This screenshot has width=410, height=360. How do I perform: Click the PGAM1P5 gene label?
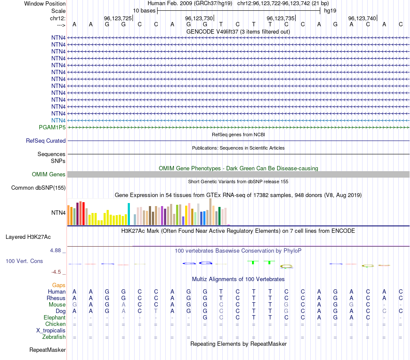click(52, 127)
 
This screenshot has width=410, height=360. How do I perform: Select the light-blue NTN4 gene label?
click(58, 120)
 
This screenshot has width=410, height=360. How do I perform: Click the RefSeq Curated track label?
click(46, 141)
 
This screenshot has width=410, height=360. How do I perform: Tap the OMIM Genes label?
click(49, 174)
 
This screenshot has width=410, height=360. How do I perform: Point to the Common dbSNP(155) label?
click(38, 188)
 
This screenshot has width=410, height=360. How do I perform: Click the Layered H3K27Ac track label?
click(28, 237)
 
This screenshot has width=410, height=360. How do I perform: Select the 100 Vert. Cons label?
click(24, 261)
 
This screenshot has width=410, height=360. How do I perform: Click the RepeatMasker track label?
click(47, 350)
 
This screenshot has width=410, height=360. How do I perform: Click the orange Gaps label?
click(59, 285)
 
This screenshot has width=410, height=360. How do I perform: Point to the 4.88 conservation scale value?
click(57, 250)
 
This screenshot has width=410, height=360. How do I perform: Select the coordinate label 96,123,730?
click(199, 18)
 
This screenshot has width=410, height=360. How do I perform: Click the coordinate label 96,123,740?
click(362, 18)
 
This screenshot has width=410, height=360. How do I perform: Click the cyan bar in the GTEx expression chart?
click(129, 214)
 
